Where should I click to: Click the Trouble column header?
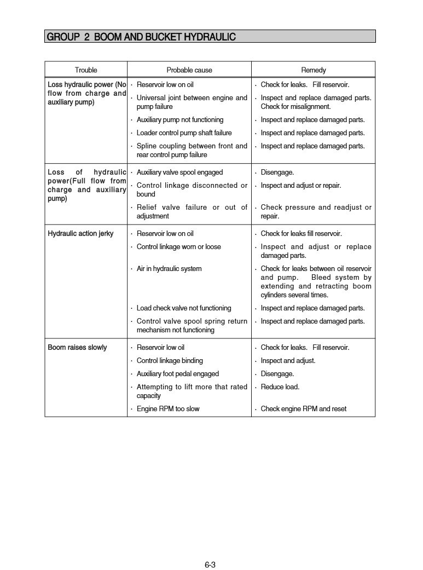coord(86,70)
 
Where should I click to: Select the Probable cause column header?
coord(189,70)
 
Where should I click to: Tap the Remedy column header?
coord(314,70)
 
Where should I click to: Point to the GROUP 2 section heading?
coord(142,37)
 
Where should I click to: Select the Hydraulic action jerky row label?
coord(81,234)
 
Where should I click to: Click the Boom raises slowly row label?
coord(78,348)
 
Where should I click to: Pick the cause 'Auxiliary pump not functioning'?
coord(180,120)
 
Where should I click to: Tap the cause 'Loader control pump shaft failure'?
coord(184,133)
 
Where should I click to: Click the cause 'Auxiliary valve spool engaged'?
coord(179,172)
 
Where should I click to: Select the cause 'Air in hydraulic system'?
coord(169,269)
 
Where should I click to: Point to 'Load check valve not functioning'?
coord(184,308)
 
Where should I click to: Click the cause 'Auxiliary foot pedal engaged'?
coord(178,374)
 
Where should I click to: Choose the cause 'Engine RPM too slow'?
coord(168,409)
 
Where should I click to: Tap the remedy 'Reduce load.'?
coord(280,387)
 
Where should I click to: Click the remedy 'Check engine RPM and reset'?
coord(304,409)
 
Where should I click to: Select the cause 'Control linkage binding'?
coord(170,361)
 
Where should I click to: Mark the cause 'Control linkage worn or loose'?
coord(179,247)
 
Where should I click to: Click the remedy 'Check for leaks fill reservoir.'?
coord(302,234)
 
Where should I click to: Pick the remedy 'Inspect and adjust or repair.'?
coord(301,186)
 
